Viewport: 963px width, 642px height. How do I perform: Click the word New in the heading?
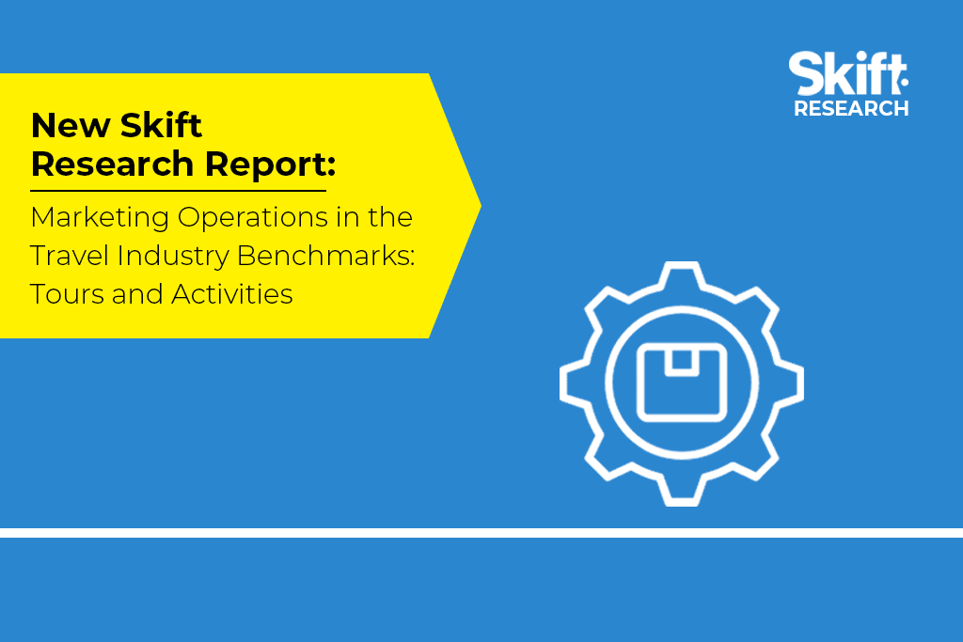[x=70, y=126]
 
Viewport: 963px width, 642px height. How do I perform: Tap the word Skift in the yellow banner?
[x=161, y=125]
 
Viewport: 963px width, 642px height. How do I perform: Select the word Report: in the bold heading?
[x=270, y=164]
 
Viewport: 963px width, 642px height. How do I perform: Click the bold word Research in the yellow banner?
[x=113, y=164]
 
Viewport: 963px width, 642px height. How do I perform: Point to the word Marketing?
[x=100, y=218]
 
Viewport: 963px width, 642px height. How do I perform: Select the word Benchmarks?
[x=326, y=256]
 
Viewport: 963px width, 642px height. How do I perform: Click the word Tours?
[x=67, y=294]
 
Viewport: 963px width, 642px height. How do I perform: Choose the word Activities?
[x=232, y=294]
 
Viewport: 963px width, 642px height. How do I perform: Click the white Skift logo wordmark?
[x=846, y=73]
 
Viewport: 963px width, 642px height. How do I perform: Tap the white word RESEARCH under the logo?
[x=851, y=109]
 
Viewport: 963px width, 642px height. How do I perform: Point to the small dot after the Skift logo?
[x=904, y=82]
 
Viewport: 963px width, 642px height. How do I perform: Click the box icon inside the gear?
[x=682, y=383]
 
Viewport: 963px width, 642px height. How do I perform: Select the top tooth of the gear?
[x=682, y=274]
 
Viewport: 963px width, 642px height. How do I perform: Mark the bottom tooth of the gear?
[x=682, y=493]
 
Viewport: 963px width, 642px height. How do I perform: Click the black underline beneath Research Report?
[x=178, y=191]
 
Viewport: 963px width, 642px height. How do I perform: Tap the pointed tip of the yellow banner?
[x=481, y=206]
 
